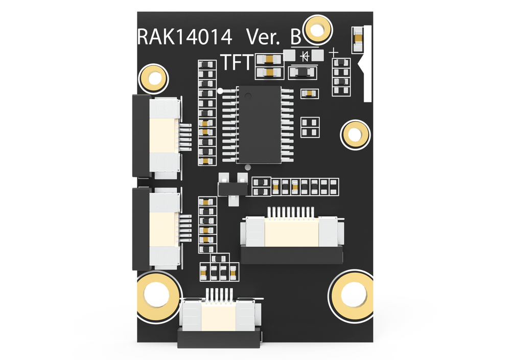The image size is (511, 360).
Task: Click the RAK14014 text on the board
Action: coord(185,37)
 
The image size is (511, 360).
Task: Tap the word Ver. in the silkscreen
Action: coord(264,37)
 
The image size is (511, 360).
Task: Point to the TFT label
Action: coord(237,62)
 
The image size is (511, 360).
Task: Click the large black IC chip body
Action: coord(260,124)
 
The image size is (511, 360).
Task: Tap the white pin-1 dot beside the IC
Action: coord(220,92)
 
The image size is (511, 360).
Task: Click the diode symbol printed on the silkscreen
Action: coord(305,55)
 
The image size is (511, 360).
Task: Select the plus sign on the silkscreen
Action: coord(334,52)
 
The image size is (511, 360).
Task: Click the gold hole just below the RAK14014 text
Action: coord(152,77)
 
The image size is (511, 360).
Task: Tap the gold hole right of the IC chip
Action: coord(354,134)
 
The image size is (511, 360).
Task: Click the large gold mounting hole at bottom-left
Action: coord(156,296)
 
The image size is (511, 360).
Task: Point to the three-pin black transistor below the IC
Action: coord(232,187)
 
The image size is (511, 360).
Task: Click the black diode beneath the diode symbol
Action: coord(301,72)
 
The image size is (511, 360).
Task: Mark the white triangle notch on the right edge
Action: coord(364,65)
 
